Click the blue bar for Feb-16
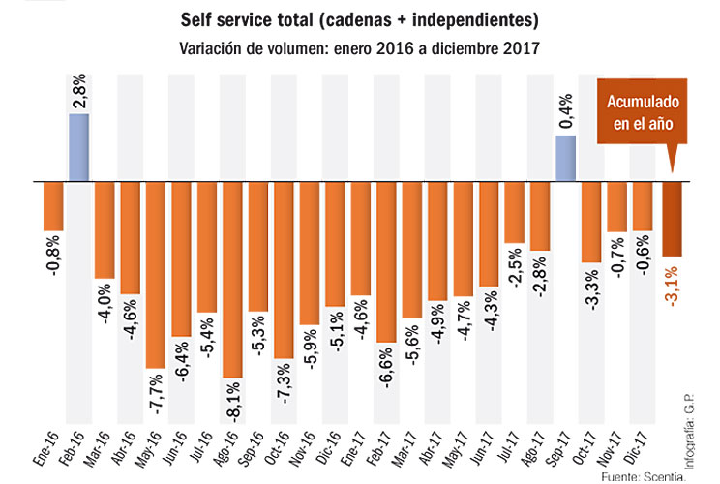coord(78,146)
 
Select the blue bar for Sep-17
coord(566,158)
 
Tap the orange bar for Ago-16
coord(232,279)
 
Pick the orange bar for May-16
coord(155,274)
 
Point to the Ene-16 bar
coord(52,205)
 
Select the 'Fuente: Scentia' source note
coord(643,476)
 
